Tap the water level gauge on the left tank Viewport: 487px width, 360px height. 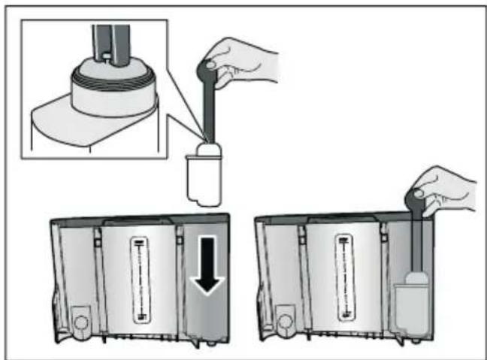[139, 277]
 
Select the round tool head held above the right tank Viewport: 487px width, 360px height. [416, 198]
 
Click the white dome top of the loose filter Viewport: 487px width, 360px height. [206, 150]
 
